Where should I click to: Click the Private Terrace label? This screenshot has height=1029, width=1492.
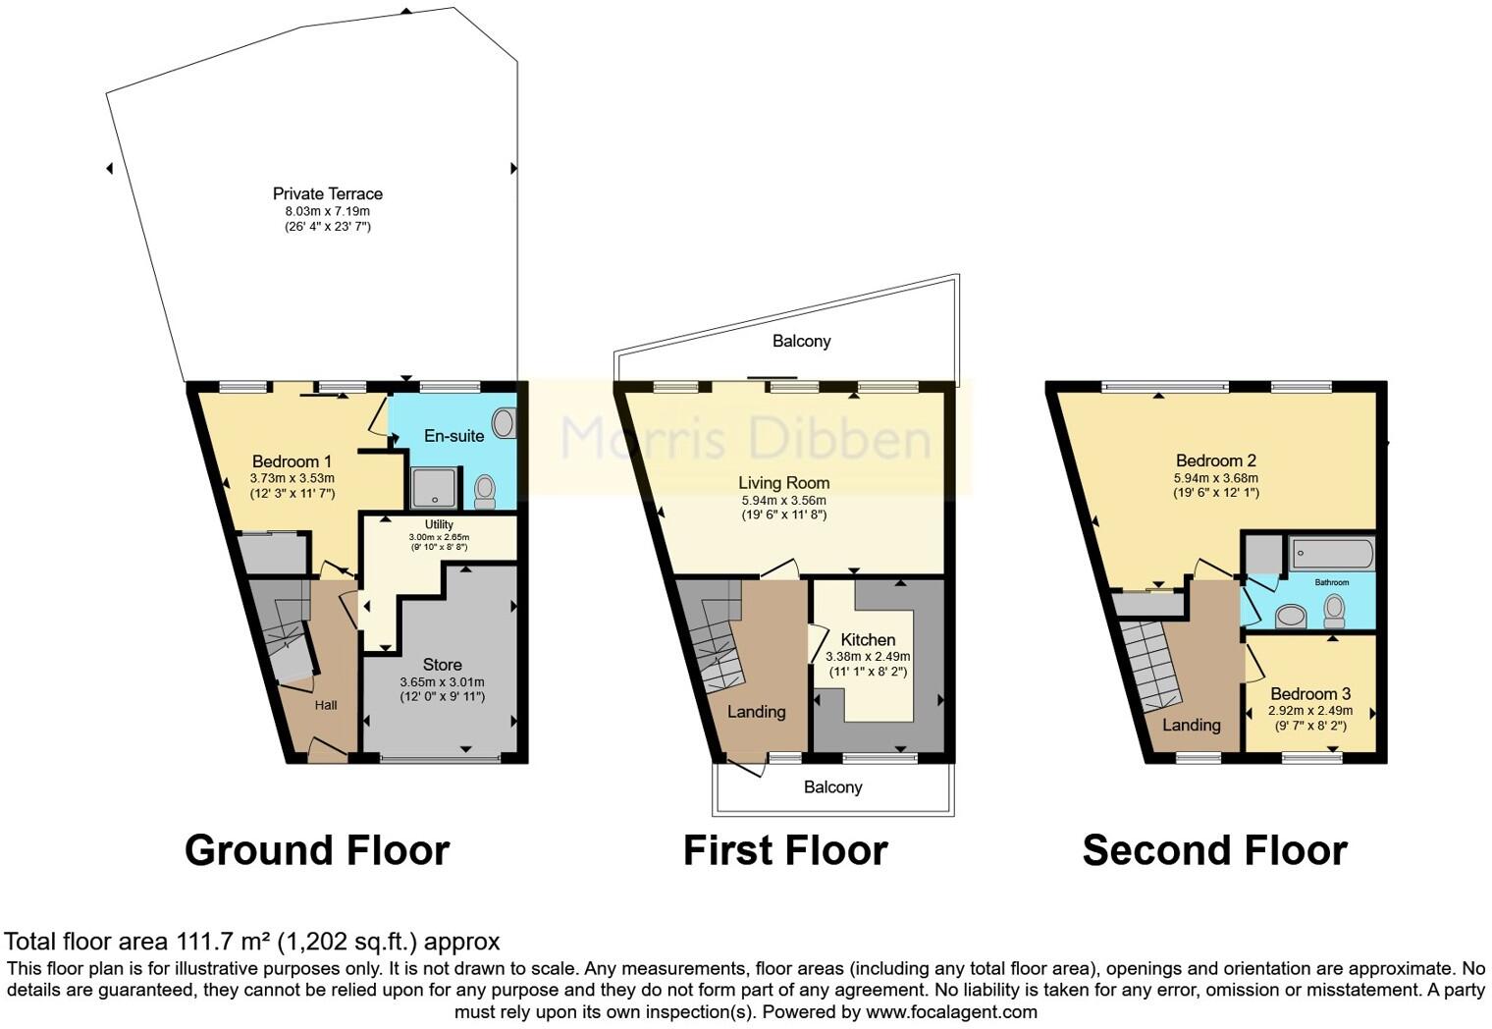[x=327, y=193]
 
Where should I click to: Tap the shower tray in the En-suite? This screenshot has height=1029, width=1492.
[x=433, y=488]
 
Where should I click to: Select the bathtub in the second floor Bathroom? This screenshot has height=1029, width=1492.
[x=1331, y=554]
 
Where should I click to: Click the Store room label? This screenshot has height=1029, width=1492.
[x=442, y=665]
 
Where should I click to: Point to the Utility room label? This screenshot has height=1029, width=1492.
[x=439, y=524]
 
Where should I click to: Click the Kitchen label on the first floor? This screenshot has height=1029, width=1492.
[x=868, y=639]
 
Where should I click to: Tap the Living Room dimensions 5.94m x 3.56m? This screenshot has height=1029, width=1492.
[x=783, y=500]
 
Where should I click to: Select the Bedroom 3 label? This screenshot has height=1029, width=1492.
[x=1309, y=693]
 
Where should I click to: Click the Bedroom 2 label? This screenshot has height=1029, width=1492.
[x=1215, y=460]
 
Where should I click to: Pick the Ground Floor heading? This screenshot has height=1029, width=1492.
[x=316, y=850]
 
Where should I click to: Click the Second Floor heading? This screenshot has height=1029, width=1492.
[x=1214, y=850]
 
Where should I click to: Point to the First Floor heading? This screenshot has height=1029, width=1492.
[x=784, y=850]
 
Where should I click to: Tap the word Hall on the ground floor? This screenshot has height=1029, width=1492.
[x=326, y=705]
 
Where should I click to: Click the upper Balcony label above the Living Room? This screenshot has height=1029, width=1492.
[x=801, y=341]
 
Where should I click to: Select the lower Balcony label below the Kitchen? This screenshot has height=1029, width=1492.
[x=832, y=786]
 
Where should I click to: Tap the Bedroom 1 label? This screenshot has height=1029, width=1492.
[x=292, y=461]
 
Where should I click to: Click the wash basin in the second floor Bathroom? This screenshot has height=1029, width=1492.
[x=1289, y=616]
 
